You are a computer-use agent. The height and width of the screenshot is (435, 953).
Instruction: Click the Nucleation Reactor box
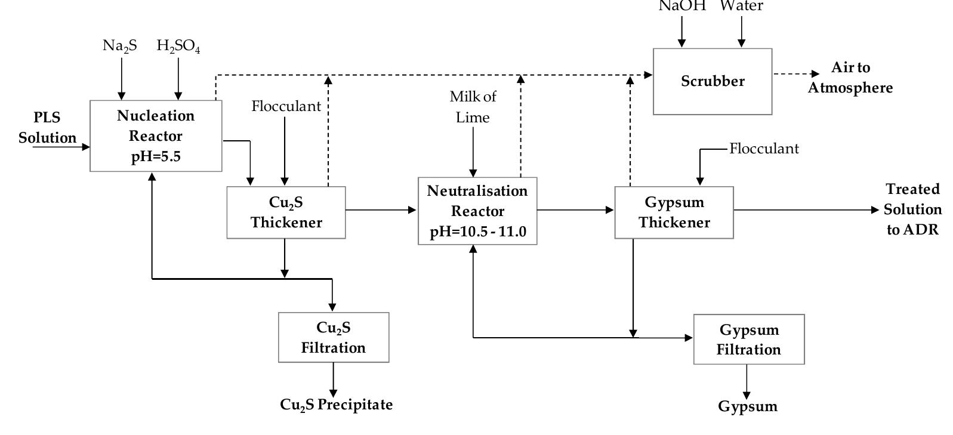pyautogui.click(x=156, y=136)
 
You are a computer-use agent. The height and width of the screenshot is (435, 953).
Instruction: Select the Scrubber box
pyautogui.click(x=713, y=82)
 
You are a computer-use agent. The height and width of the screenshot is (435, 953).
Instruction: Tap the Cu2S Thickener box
pyautogui.click(x=286, y=213)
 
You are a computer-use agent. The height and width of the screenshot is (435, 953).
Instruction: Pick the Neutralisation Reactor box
pyautogui.click(x=477, y=211)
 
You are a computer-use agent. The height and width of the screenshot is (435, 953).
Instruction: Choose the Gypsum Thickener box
pyautogui.click(x=674, y=213)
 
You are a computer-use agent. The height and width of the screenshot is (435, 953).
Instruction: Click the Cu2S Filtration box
pyautogui.click(x=334, y=338)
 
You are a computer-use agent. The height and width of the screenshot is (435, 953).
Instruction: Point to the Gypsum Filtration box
pyautogui.click(x=749, y=340)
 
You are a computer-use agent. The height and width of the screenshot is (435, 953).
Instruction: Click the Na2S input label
pyautogui.click(x=120, y=46)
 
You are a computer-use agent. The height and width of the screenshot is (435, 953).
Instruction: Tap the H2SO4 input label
pyautogui.click(x=178, y=47)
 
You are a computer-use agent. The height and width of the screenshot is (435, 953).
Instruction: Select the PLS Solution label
pyautogui.click(x=47, y=128)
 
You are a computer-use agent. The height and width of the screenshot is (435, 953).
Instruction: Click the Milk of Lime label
pyautogui.click(x=473, y=107)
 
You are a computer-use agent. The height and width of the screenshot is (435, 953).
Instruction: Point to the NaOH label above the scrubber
pyautogui.click(x=681, y=6)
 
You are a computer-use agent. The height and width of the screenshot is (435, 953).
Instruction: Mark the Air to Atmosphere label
pyautogui.click(x=850, y=78)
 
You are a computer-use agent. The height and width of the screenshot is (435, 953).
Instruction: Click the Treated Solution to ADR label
pyautogui.click(x=912, y=209)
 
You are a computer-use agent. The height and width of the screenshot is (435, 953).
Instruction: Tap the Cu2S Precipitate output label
pyautogui.click(x=337, y=405)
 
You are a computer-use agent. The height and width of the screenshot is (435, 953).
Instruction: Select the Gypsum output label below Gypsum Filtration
pyautogui.click(x=748, y=407)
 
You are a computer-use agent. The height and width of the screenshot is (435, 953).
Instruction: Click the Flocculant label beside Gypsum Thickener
pyautogui.click(x=764, y=149)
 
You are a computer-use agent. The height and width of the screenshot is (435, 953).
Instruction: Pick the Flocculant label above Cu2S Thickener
pyautogui.click(x=286, y=106)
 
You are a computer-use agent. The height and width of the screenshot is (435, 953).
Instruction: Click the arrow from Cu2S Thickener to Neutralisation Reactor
pyautogui.click(x=381, y=210)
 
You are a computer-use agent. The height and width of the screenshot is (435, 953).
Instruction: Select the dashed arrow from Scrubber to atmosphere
pyautogui.click(x=797, y=74)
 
